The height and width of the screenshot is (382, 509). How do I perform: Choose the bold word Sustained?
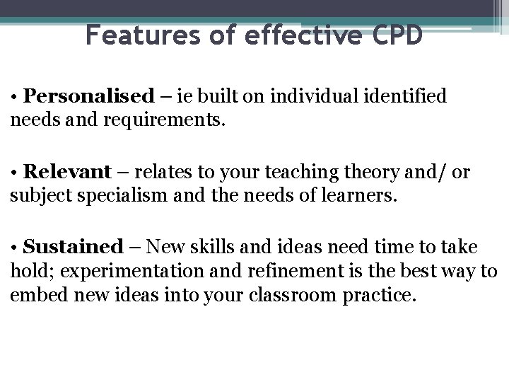coord(73,247)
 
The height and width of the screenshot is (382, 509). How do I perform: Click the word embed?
coord(33,295)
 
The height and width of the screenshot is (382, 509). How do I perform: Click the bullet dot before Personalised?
coord(14,96)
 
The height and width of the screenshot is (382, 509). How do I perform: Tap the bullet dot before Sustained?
coord(14,248)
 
